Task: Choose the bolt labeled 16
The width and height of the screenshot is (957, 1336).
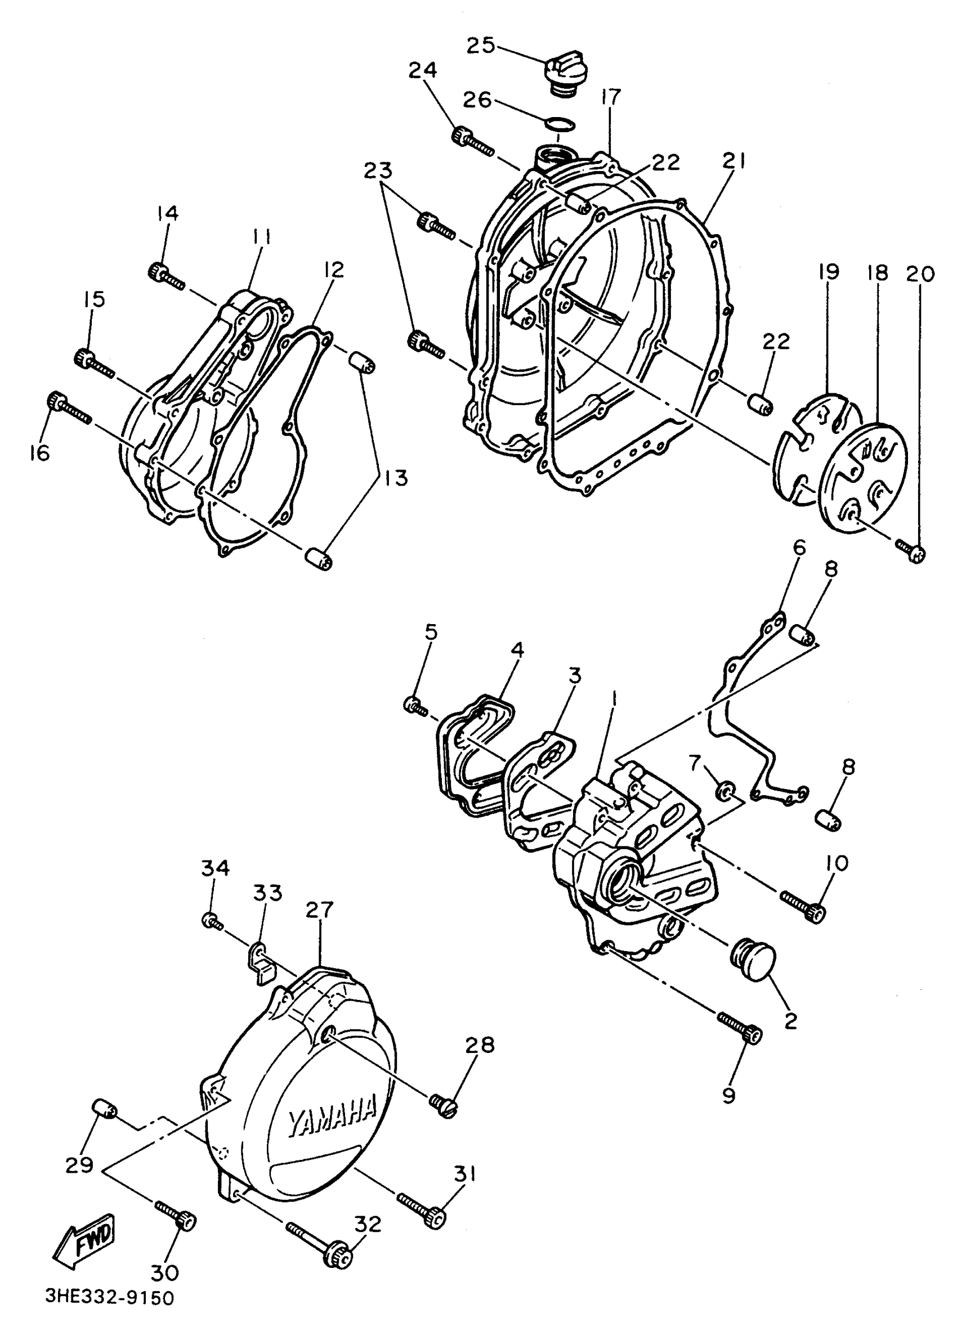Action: click(x=68, y=407)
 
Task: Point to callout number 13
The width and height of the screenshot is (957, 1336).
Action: click(x=396, y=477)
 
